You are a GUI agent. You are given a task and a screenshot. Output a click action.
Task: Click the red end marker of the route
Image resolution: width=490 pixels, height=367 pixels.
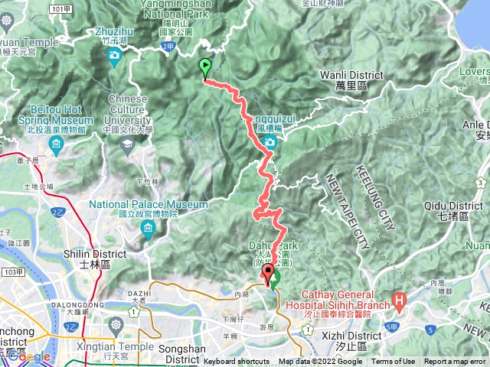click(x=268, y=277)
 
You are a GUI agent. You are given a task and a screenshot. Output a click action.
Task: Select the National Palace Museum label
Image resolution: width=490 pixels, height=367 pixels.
click(x=149, y=204)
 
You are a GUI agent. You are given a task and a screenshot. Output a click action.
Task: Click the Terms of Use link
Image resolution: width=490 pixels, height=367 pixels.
click(x=393, y=362)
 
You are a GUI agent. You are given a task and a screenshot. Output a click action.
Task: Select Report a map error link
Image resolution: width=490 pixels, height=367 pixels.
click(x=456, y=362)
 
